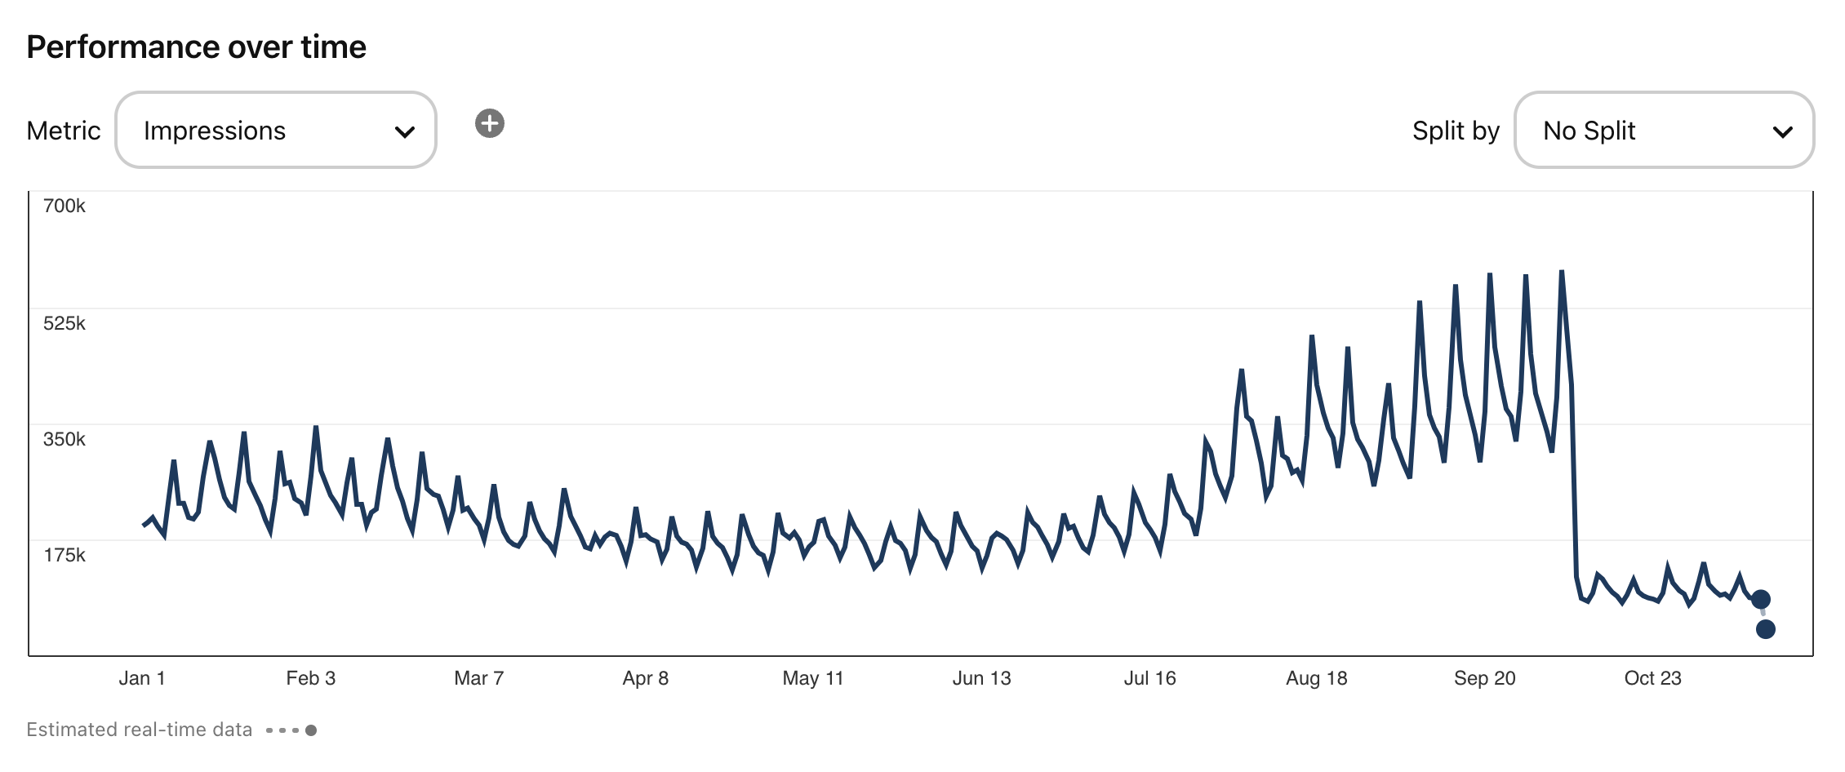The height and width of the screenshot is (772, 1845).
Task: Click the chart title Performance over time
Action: point(196,47)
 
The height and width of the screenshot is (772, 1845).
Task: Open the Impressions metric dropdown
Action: point(276,131)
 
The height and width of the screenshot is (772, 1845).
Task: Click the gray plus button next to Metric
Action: point(490,123)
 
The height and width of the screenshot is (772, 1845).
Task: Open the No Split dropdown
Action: point(1664,131)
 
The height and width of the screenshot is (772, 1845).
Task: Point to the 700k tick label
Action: point(64,206)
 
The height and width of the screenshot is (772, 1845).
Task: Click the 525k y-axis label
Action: point(64,323)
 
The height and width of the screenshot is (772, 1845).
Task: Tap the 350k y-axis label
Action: point(64,439)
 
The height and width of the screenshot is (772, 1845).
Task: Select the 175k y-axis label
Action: point(64,555)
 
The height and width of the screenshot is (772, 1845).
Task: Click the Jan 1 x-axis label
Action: point(142,678)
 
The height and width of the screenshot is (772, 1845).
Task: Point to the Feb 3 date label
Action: point(310,678)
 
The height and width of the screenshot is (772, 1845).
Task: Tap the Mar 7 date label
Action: point(478,678)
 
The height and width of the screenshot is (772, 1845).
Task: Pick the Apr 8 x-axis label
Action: point(645,678)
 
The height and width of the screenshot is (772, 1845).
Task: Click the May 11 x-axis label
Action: point(812,678)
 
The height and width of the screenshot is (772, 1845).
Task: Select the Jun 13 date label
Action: point(981,678)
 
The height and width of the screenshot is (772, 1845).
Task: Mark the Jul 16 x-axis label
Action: point(1149,678)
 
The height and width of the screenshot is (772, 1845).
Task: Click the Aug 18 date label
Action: point(1316,678)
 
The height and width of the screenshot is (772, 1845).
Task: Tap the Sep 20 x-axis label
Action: point(1484,678)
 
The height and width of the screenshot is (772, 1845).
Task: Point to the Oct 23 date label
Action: point(1652,678)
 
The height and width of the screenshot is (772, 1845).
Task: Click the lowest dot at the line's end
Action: point(1765,629)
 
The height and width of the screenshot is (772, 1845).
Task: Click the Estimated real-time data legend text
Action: point(140,730)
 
